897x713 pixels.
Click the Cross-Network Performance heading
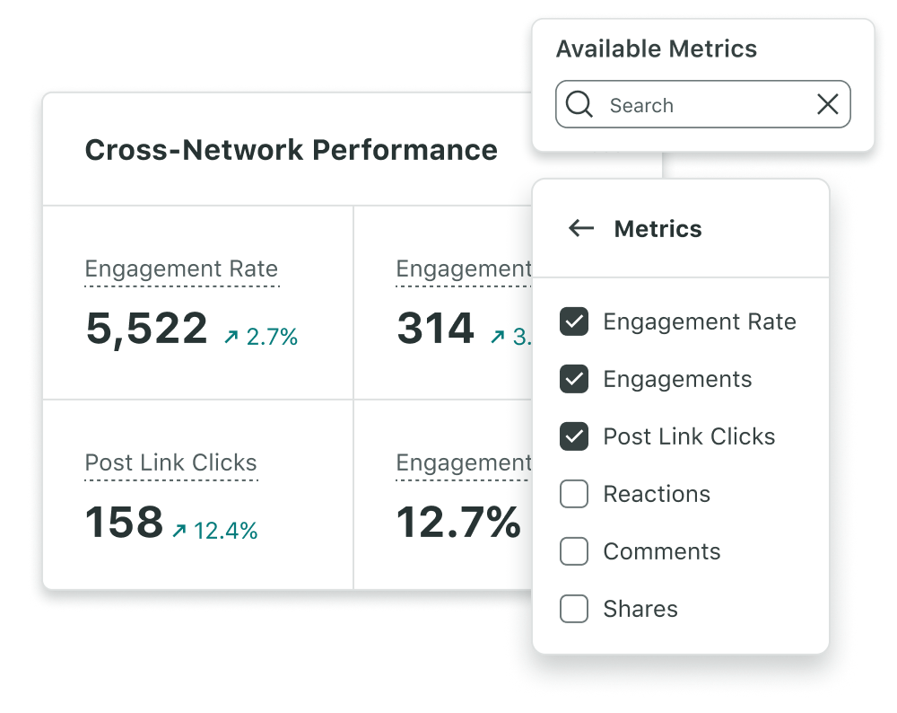(291, 150)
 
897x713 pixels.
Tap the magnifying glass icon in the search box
(579, 105)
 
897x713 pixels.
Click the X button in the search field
(827, 105)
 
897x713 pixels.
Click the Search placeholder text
(641, 106)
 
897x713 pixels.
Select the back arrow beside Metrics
(581, 229)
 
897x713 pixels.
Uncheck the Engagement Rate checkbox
(574, 321)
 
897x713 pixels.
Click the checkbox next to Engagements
(574, 379)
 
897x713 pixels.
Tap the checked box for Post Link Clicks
(574, 436)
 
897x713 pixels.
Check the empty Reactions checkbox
(574, 494)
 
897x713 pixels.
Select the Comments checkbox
(574, 551)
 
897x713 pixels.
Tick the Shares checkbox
(574, 609)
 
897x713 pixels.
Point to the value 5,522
(146, 329)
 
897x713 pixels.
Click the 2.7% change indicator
(261, 338)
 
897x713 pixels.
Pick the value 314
(435, 329)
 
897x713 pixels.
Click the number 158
(124, 523)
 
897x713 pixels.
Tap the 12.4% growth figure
(215, 531)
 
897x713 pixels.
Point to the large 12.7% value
(458, 523)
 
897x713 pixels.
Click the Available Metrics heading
(657, 49)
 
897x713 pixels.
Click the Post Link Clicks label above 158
(170, 463)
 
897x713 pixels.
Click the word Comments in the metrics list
(662, 551)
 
